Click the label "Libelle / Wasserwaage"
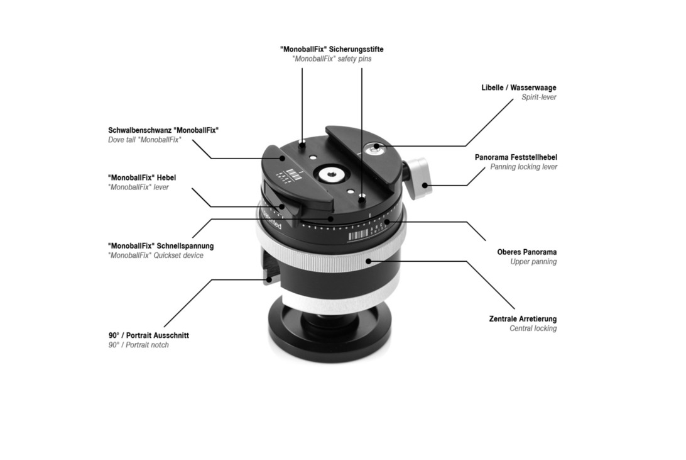click(x=519, y=87)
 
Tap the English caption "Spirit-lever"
click(x=539, y=98)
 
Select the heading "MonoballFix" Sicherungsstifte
click(x=332, y=49)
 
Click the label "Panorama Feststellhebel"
click(x=516, y=157)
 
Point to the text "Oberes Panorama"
click(x=526, y=252)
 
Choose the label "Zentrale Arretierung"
click(x=523, y=319)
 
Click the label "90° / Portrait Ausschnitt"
click(x=149, y=335)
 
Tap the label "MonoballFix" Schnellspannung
click(x=161, y=246)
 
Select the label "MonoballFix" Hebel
click(x=142, y=177)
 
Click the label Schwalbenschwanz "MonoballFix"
click(x=163, y=130)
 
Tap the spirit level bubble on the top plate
click(x=373, y=150)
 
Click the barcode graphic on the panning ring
click(x=358, y=236)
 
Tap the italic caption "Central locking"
click(x=533, y=328)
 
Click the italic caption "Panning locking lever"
click(x=524, y=167)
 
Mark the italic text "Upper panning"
click(x=534, y=262)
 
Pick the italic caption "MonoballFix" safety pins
click(x=332, y=59)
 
